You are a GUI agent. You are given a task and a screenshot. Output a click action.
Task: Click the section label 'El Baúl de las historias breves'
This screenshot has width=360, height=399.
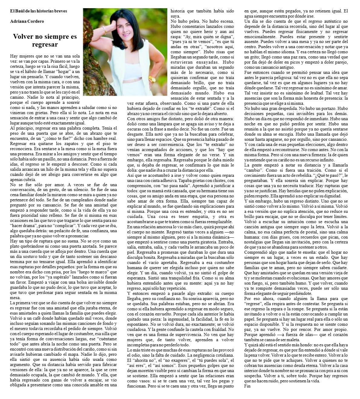[38, 11]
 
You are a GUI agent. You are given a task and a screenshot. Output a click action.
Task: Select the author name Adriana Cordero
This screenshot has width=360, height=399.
[27, 21]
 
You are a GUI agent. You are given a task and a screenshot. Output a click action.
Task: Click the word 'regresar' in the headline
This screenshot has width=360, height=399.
[45, 45]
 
